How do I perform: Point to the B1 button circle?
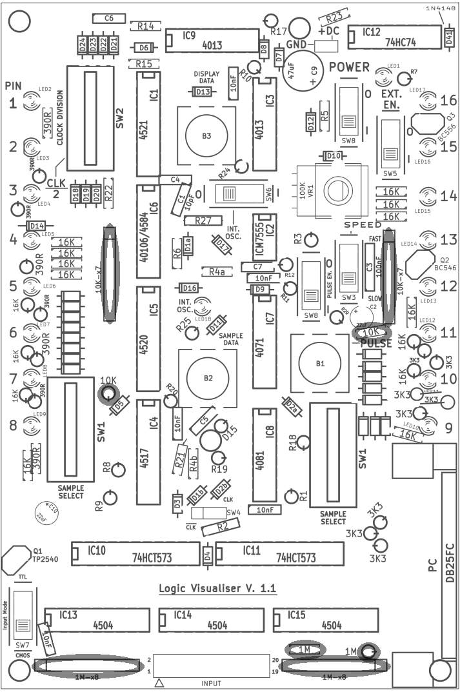pos(320,364)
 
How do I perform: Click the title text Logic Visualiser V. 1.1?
pos(217,589)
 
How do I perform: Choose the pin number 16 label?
pos(448,100)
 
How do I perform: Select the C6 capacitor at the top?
pos(108,19)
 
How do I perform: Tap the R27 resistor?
pos(202,221)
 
